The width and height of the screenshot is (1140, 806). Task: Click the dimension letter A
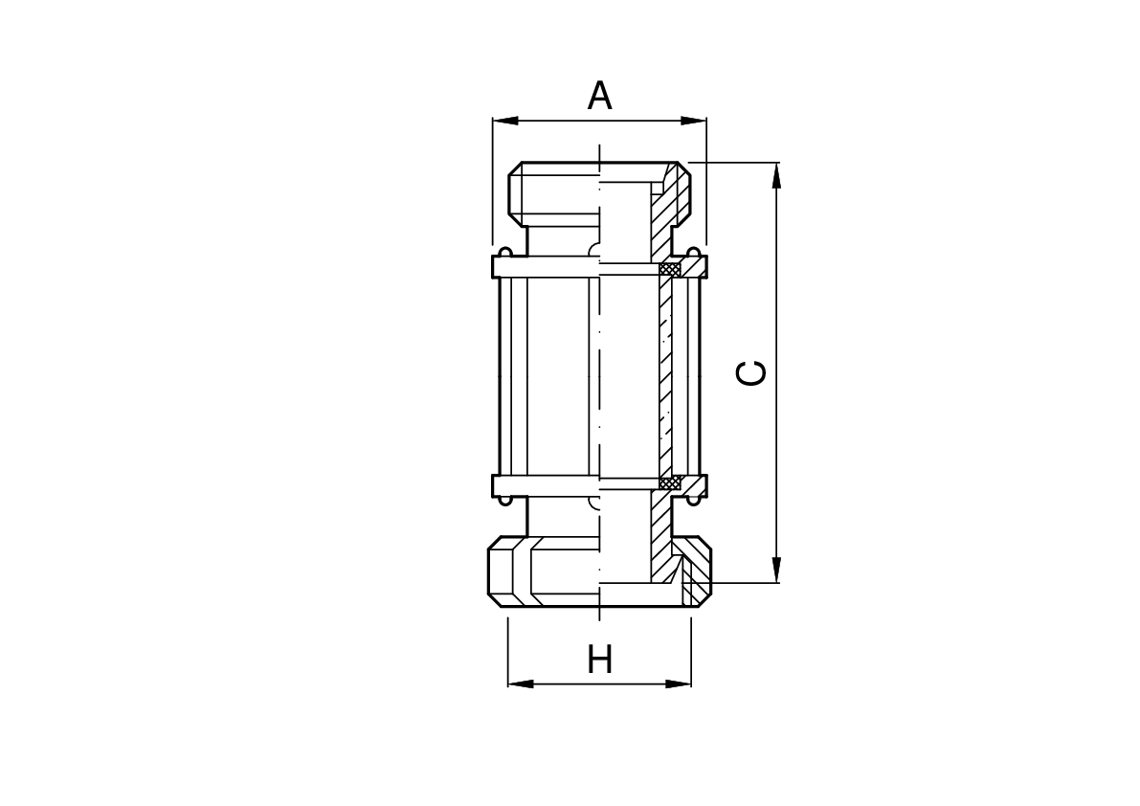599,96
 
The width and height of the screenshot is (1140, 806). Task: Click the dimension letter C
751,372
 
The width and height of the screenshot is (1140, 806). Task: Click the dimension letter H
600,660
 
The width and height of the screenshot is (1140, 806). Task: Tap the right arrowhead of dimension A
694,120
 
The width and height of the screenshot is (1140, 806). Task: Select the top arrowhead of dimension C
777,175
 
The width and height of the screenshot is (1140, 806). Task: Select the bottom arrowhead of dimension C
777,569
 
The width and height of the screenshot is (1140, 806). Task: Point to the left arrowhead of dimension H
521,683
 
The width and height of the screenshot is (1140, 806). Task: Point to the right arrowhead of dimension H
679,683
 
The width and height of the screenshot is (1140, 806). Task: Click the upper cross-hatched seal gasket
670,270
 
